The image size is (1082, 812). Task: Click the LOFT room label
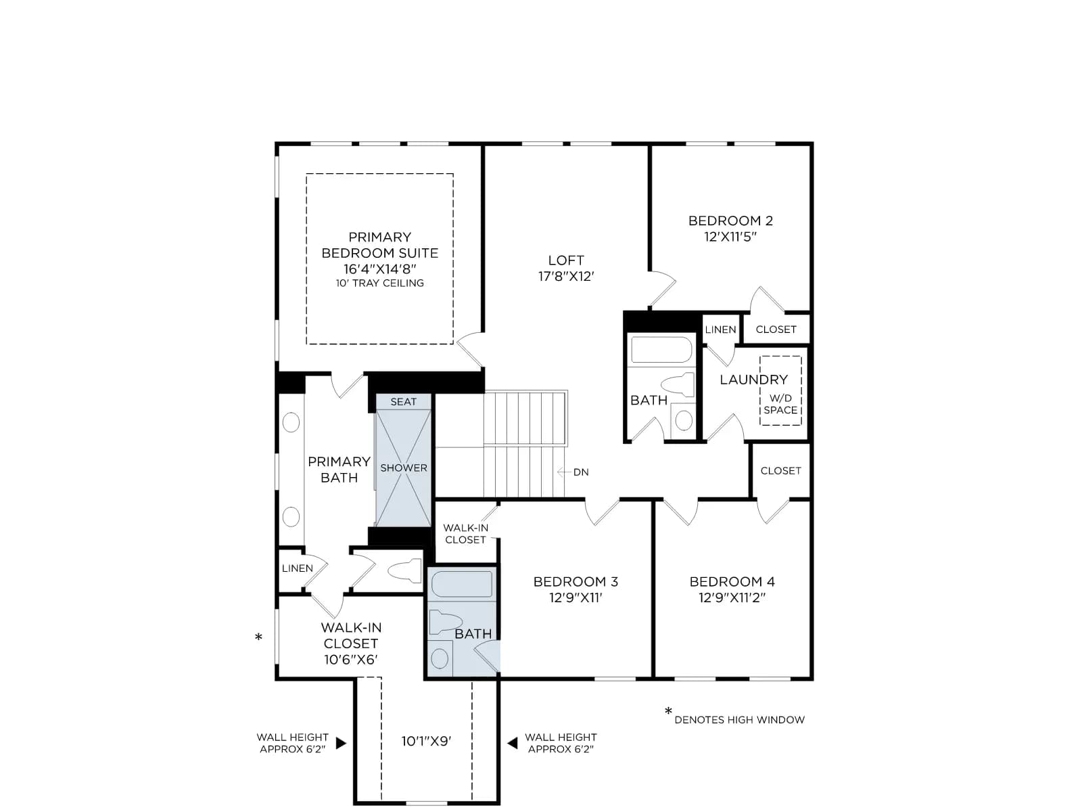pos(565,261)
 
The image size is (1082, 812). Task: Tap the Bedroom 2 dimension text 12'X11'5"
pos(730,237)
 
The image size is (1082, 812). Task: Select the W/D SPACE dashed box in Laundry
pos(780,390)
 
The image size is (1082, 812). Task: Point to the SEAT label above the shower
pos(403,402)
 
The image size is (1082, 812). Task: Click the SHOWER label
pos(404,468)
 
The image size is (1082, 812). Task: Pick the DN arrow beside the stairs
pos(564,472)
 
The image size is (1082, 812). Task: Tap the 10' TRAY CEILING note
pos(379,283)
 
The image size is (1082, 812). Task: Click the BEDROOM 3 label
pos(575,582)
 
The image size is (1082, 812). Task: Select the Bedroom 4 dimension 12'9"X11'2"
pos(732,597)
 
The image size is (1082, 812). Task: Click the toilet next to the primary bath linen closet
pos(404,571)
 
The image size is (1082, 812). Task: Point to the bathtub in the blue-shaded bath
pos(462,584)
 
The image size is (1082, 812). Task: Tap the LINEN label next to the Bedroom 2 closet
pos(720,330)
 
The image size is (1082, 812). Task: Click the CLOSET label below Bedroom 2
pos(776,330)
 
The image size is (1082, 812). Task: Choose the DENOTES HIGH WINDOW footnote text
pos(739,720)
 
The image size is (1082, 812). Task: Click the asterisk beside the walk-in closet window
pos(258,637)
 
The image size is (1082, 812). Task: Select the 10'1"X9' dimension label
pos(427,741)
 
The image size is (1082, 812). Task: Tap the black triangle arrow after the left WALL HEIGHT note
pos(341,743)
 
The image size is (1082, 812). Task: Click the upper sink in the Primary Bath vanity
pos(291,422)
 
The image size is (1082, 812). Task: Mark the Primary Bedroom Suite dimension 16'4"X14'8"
pos(379,269)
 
